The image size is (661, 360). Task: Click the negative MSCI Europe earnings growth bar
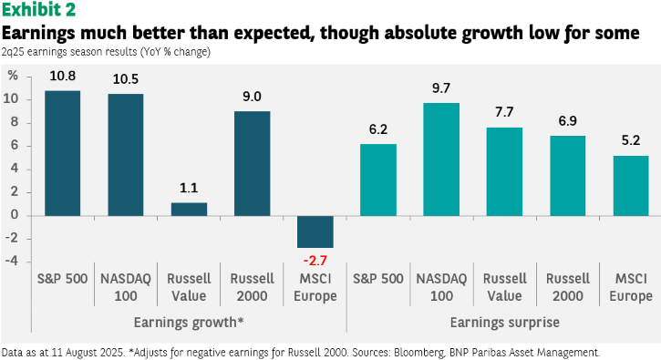pos(315,231)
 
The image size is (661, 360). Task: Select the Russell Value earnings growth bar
pos(189,210)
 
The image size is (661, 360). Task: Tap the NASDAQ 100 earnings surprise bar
pos(441,159)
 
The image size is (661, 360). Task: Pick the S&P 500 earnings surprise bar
pos(378,180)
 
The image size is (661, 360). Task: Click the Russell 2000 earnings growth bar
pos(252,163)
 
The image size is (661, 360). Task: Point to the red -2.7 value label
pos(315,261)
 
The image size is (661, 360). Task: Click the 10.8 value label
pos(62,76)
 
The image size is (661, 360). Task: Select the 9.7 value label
pos(441,88)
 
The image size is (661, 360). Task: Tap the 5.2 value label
pos(631,140)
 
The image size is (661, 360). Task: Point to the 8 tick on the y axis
pos(15,122)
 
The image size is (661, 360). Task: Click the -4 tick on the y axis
pos(12,261)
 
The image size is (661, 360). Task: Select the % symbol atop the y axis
pos(13,76)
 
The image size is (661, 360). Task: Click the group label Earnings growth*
pos(189,323)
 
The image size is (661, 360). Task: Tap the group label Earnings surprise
pos(504,323)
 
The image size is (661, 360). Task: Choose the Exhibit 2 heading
pos(39,10)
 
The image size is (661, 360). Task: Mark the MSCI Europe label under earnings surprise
pos(631,287)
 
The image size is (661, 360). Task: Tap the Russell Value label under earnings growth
pos(189,287)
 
